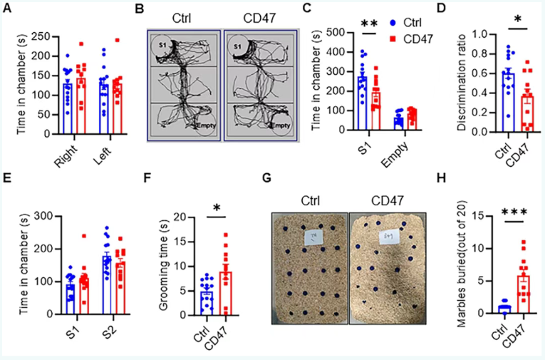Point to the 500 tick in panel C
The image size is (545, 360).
click(x=331, y=31)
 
